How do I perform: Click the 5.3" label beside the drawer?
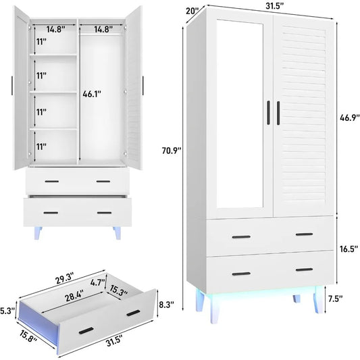pyautogui.click(x=7, y=311)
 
